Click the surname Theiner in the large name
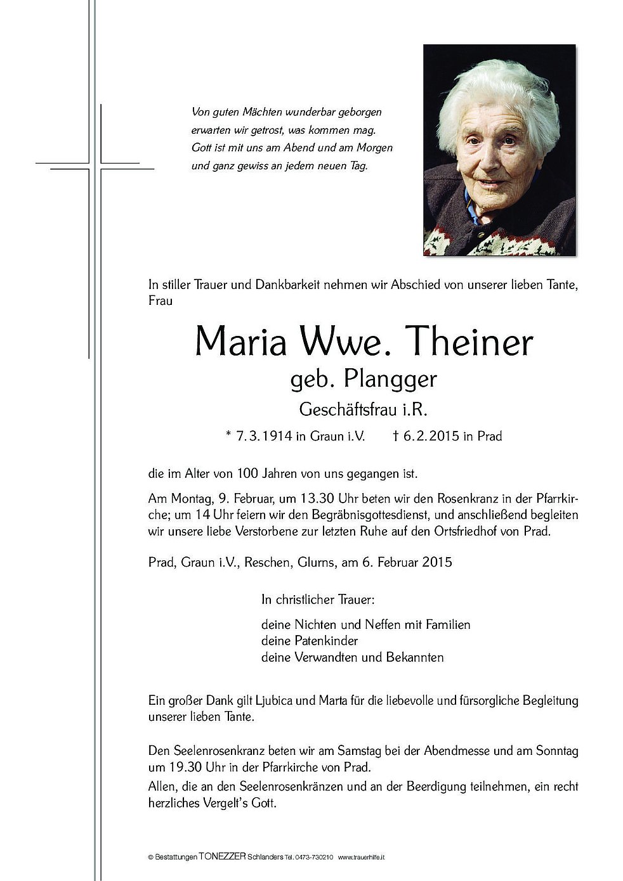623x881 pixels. (470, 342)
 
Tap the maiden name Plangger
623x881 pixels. (390, 380)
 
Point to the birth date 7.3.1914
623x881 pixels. (264, 436)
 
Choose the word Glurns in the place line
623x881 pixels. (315, 562)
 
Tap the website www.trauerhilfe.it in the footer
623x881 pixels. (361, 858)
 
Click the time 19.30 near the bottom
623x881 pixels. (183, 767)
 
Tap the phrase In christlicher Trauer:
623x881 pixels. (317, 599)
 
